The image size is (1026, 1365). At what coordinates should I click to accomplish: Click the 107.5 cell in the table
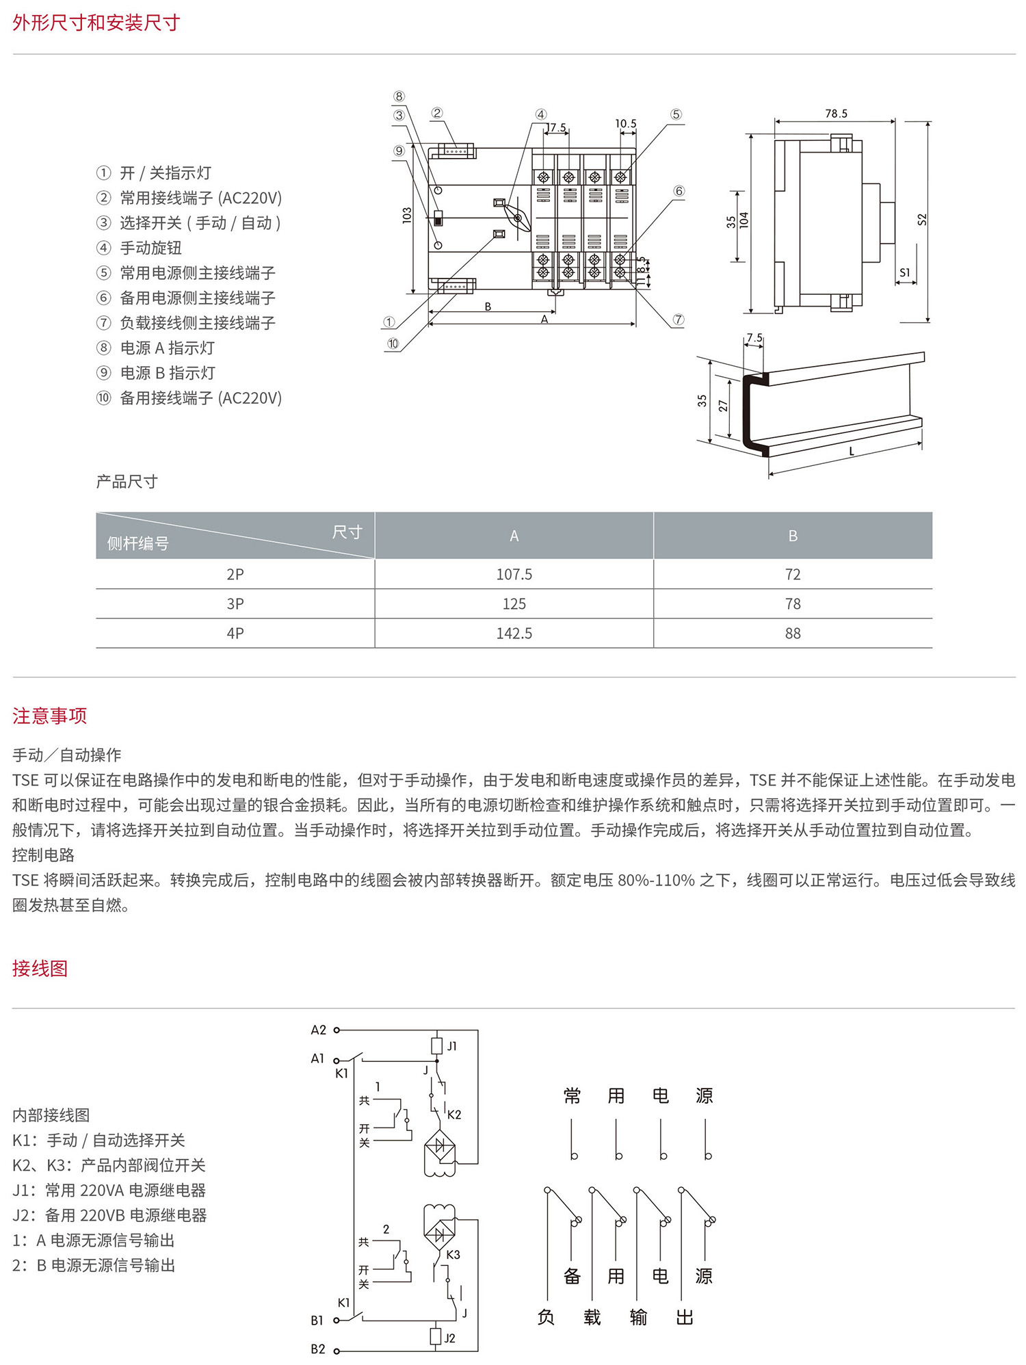point(514,574)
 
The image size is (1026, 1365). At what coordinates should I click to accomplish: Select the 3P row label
point(235,603)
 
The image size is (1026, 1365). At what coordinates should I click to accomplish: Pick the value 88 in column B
point(793,633)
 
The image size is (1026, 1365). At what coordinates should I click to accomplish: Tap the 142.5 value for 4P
point(514,633)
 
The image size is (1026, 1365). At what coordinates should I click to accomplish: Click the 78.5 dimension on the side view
point(836,114)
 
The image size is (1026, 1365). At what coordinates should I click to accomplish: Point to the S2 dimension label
point(922,220)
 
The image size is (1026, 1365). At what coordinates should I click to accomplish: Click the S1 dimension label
point(905,272)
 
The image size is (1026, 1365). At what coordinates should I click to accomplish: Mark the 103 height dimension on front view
point(407,215)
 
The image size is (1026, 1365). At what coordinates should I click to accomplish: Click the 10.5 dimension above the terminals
point(625,124)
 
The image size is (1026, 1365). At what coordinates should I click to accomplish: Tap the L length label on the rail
point(852,452)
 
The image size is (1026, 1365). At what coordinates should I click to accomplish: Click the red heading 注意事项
point(49,716)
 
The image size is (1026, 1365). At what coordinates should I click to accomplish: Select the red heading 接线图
point(40,968)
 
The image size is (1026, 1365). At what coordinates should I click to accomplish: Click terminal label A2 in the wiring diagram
point(319,1030)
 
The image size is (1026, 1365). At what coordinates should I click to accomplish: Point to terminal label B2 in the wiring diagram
point(318,1349)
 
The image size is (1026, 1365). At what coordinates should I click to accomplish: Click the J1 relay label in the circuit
point(452,1046)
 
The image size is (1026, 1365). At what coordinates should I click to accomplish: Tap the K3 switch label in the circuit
point(453,1255)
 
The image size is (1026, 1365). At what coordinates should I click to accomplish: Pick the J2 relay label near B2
point(449,1338)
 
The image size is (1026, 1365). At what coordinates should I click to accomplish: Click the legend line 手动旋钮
point(150,248)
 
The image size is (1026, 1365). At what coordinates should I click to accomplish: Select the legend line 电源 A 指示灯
point(167,348)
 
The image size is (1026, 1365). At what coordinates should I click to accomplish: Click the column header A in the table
point(514,536)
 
